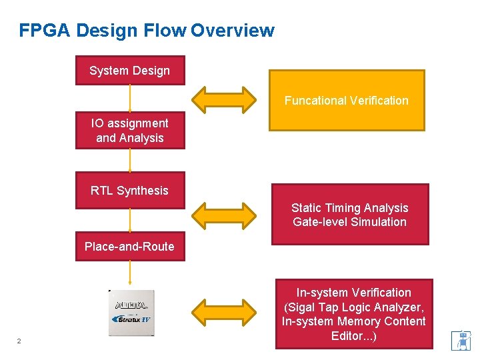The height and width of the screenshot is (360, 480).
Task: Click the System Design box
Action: coord(130,71)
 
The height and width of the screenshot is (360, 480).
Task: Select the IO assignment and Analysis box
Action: coord(130,131)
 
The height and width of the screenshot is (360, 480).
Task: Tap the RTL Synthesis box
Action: coord(130,191)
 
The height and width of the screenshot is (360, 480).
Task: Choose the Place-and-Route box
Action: coord(130,247)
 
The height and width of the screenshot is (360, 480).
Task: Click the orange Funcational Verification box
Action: coord(347,101)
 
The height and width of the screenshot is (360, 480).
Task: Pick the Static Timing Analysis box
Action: coord(350,215)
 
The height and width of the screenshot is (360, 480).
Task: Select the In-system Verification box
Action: coord(354,314)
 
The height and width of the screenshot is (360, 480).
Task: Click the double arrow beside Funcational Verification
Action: coord(223,99)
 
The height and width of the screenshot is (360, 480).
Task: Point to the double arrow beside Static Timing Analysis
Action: coord(223,214)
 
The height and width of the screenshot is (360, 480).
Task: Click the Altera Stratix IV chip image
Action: coord(131,313)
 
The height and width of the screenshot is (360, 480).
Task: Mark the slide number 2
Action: coord(19,341)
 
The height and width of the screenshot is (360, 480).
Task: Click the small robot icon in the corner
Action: coord(461,340)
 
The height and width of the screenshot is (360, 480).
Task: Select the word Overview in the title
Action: coord(232,31)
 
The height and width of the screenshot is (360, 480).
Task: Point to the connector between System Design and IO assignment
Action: coord(130,98)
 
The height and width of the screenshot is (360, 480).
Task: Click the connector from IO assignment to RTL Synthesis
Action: coord(130,161)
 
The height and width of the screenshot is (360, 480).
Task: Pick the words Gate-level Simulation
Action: coord(350,222)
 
